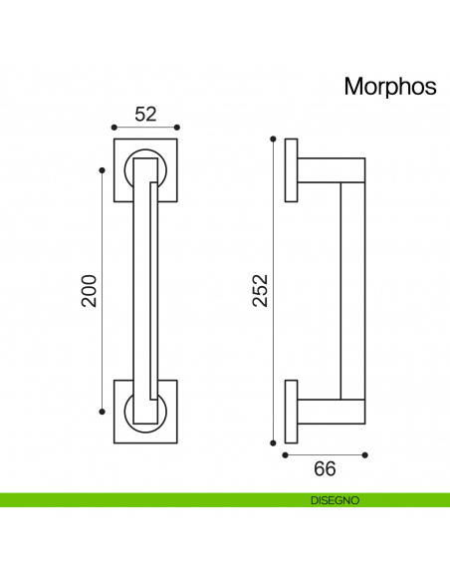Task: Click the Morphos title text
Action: click(389, 87)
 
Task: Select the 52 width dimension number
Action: click(145, 114)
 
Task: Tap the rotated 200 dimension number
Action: click(90, 290)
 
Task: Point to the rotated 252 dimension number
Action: click(260, 290)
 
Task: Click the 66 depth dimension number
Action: click(326, 468)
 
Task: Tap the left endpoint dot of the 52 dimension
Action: click(113, 128)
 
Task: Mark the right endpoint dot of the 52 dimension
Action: click(177, 128)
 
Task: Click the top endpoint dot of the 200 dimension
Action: click(102, 170)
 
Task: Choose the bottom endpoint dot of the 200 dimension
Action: click(102, 411)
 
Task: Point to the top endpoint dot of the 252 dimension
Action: click(272, 139)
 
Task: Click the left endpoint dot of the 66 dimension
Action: click(286, 455)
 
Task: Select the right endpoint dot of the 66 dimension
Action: click(365, 455)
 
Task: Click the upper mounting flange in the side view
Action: click(291, 169)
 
